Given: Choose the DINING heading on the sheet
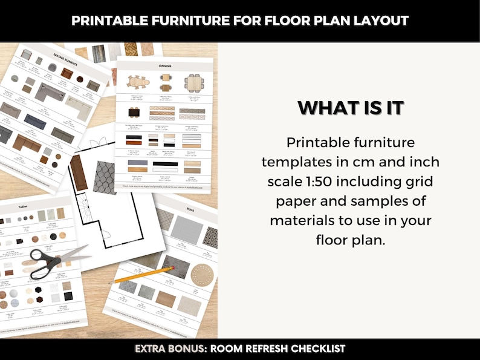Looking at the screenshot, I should point(164,65).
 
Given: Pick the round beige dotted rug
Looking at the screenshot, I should point(203,275).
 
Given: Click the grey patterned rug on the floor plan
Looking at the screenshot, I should point(104,177).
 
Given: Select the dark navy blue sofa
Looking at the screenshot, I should point(35,122).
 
